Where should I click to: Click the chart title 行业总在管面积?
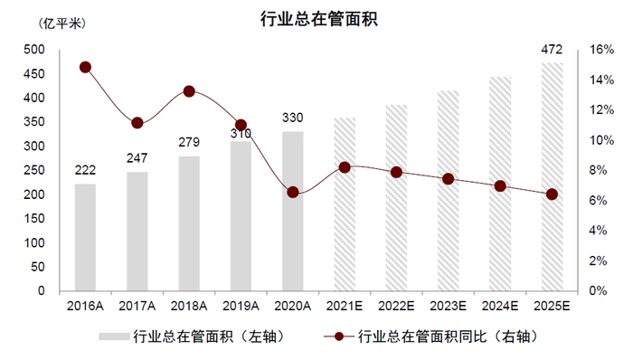316,18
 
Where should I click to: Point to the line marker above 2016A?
85,67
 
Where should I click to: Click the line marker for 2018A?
189,91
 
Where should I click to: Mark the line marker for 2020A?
293,192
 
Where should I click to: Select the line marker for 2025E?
552,194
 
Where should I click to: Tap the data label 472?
552,49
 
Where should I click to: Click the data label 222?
85,171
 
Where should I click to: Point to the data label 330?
293,118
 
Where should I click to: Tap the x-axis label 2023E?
449,307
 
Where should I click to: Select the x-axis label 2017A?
137,307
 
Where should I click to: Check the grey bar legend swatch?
114,337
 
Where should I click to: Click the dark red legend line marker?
339,337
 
